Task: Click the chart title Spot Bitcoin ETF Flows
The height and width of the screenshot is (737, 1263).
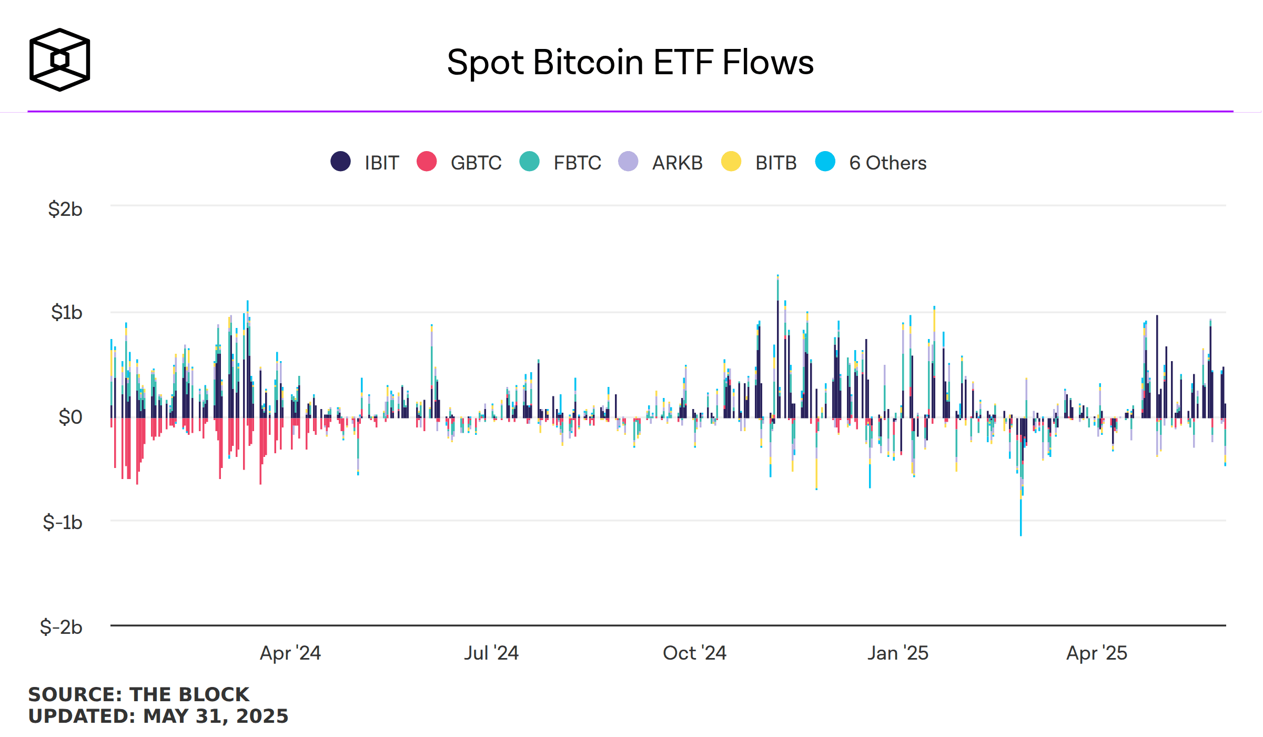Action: pos(630,62)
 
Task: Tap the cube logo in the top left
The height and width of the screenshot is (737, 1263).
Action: pos(59,59)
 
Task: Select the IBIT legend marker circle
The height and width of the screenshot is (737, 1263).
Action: pos(340,162)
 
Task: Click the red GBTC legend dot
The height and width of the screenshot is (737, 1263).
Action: pos(427,162)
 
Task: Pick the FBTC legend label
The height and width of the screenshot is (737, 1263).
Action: pos(577,163)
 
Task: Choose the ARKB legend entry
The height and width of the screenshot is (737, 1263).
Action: pos(677,163)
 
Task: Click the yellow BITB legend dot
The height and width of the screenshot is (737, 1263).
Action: pos(731,162)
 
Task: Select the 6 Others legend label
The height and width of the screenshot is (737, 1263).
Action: pos(887,163)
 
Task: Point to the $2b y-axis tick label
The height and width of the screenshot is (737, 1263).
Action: pos(65,209)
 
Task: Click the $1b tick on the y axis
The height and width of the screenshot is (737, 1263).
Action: pos(66,312)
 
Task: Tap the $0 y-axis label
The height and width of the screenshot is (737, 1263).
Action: pos(70,417)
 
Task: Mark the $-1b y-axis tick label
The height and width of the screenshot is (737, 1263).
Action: pos(63,522)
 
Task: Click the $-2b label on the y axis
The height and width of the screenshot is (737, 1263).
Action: pos(61,627)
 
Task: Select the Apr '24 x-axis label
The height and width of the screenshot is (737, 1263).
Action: pos(290,653)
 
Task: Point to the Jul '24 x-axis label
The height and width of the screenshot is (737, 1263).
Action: pos(491,653)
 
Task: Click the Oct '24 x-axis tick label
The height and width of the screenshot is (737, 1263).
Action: pos(694,653)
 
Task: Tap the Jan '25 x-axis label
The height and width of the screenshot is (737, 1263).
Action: pos(898,653)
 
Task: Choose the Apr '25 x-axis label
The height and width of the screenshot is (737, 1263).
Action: pos(1097,653)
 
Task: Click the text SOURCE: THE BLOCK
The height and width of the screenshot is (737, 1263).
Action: pos(139,694)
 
